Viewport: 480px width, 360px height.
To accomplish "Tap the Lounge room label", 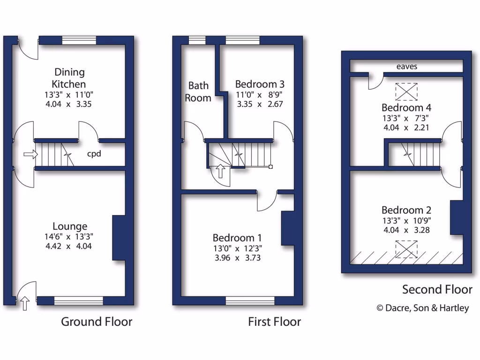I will click(69, 226).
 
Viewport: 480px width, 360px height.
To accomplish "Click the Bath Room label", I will click(198, 92).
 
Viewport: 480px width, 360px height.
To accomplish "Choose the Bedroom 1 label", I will click(237, 238).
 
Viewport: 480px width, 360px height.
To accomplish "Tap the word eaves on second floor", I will click(406, 67).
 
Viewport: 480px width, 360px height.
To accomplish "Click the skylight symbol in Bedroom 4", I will click(406, 91).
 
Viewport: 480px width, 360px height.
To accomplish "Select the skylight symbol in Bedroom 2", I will click(406, 249).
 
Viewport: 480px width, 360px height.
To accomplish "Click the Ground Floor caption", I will click(97, 322).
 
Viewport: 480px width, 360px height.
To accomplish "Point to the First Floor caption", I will click(274, 322).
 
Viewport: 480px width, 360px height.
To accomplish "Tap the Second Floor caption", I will click(437, 289).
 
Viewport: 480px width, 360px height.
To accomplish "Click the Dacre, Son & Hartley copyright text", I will click(423, 308).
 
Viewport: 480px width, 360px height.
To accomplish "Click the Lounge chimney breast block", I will click(119, 238).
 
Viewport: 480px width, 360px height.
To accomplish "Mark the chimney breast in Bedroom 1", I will click(287, 228).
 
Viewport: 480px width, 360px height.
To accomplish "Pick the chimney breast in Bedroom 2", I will click(457, 217).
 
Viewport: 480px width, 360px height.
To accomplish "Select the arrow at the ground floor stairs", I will click(30, 154).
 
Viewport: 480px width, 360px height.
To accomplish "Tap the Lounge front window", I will click(78, 300).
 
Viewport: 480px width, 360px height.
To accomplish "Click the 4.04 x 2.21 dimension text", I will click(406, 127).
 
